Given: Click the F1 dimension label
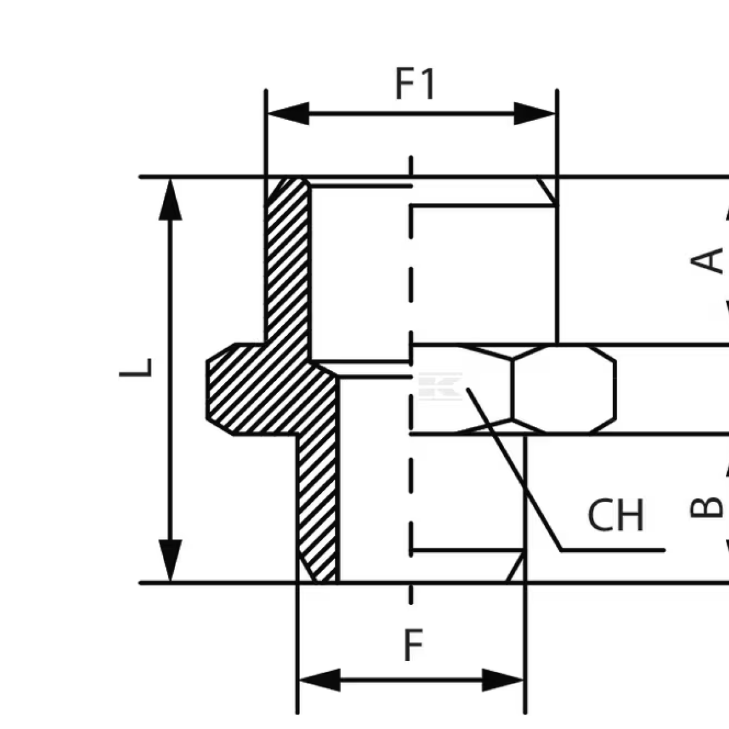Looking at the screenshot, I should pos(416,84).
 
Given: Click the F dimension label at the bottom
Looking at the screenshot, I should pos(413,646).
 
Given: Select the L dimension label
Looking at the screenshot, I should pos(135,368).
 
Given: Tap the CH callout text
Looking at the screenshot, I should pos(615,515).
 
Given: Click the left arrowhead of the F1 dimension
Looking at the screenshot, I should pos(288,114).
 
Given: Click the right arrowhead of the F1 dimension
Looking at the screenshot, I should pos(535,114).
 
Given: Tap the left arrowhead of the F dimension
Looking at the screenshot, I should pos(320,680).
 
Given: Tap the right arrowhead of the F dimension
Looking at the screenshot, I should pos(503,680).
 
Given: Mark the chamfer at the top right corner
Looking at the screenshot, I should pos(547,190).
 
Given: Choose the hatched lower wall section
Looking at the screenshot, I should pos(317,504).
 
